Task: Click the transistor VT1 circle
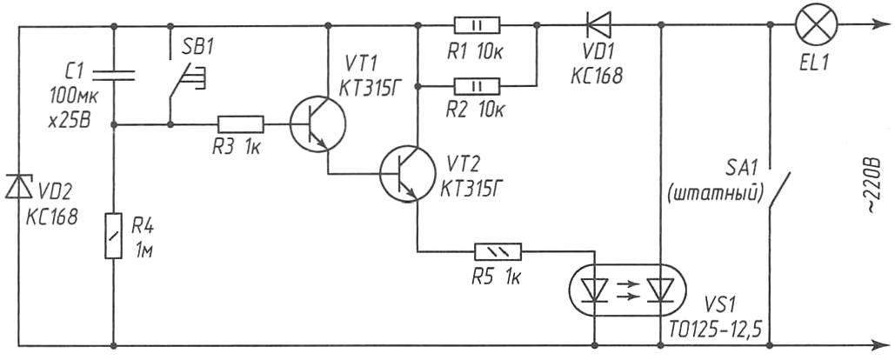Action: tap(317, 124)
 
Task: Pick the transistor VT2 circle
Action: tap(408, 173)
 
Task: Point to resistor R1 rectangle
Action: tap(477, 25)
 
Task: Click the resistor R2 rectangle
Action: tap(477, 86)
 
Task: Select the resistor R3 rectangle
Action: tap(240, 124)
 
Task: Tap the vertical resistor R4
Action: tap(114, 235)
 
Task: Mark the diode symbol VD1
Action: tap(596, 25)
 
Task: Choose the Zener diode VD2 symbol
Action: tap(19, 186)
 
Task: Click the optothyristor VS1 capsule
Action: tap(629, 290)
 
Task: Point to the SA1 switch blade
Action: tap(781, 190)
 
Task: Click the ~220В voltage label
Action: tap(876, 181)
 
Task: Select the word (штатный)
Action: tap(715, 195)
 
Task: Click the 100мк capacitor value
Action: tap(74, 97)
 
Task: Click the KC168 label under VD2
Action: tap(50, 218)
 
